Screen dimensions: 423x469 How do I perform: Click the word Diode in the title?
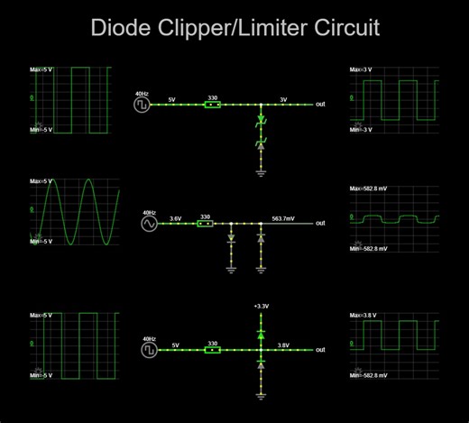119,28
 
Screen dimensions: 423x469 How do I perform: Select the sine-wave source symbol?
149,224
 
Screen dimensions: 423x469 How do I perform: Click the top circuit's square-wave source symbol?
142,105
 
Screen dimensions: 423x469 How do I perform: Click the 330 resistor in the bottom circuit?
212,350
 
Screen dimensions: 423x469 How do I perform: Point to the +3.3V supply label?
261,307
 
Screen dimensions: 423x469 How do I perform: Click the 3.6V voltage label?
175,217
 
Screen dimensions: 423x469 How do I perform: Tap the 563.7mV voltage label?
283,217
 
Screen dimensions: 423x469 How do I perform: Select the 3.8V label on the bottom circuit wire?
283,344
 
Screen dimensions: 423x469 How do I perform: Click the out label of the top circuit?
320,105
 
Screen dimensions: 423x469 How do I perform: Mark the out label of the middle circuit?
320,224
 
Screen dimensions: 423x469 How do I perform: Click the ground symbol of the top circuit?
261,168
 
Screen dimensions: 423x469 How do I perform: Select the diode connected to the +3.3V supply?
261,333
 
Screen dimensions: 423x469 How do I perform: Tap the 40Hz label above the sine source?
149,213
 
